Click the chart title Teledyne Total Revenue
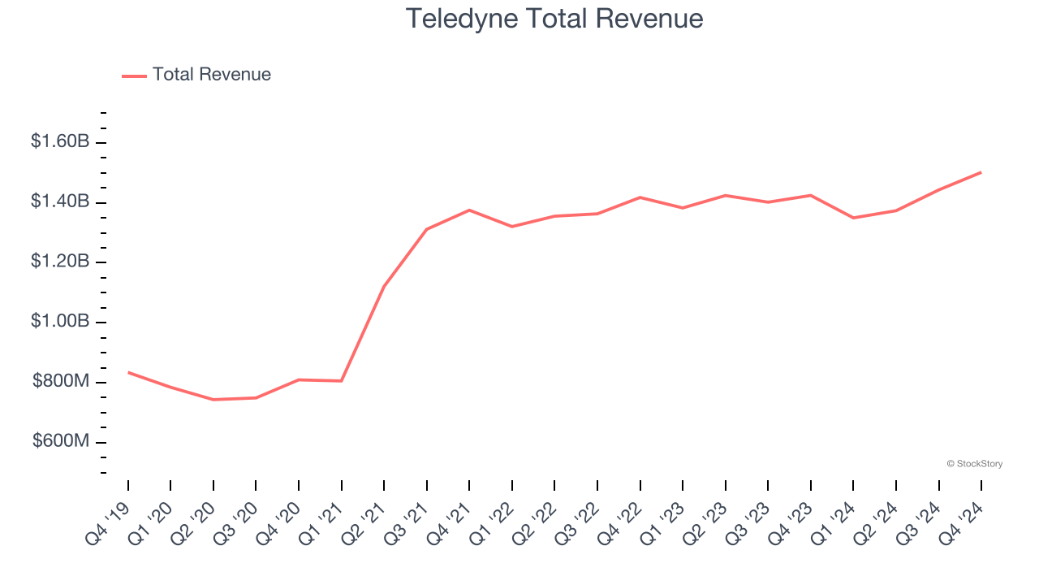click(554, 18)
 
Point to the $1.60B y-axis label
click(60, 141)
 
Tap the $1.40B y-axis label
click(60, 201)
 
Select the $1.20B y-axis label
click(60, 262)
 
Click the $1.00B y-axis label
click(60, 322)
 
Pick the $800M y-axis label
click(61, 382)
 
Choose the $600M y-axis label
click(61, 442)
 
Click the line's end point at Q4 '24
click(981, 172)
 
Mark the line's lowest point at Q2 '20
click(213, 400)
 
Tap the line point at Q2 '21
click(384, 286)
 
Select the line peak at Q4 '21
click(469, 210)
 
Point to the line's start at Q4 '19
click(128, 372)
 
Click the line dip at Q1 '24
click(853, 218)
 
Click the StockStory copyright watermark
click(974, 464)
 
